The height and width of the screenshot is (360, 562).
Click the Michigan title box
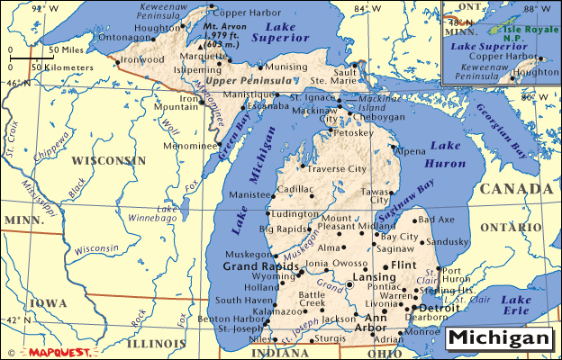coord(498,338)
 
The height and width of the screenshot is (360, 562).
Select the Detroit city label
coord(439,308)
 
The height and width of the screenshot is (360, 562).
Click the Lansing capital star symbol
coord(350,284)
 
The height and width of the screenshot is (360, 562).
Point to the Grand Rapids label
coord(260,267)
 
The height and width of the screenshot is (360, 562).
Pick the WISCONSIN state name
coord(109,160)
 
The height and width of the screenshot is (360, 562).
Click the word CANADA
coord(515,189)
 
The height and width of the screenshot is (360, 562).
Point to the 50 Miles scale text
coord(67,50)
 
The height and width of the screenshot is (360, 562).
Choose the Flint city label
coord(403,265)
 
